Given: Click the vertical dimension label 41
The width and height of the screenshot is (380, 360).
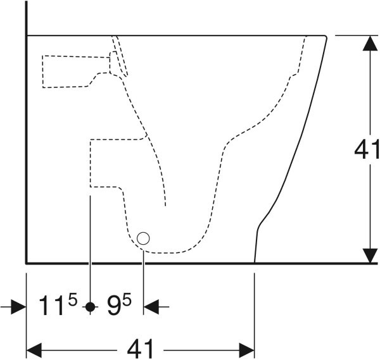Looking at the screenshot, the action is (367, 149).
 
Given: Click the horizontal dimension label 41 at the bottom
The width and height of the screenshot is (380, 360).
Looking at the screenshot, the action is (141, 349).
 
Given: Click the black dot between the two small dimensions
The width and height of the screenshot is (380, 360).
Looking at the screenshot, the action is (91, 307).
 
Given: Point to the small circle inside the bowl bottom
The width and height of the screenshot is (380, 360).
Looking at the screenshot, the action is (143, 239).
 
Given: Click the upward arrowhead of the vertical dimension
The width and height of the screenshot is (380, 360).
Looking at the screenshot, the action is (370, 43).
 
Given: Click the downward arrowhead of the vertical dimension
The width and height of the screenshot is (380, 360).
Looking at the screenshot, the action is (370, 255).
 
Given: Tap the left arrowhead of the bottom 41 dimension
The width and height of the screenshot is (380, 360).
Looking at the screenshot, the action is (34, 351).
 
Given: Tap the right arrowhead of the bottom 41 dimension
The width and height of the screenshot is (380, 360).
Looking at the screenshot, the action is (247, 351).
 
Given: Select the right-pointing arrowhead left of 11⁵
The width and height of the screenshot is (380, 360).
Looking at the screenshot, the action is (18, 307).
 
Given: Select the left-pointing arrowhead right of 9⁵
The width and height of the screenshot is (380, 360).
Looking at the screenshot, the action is (151, 307).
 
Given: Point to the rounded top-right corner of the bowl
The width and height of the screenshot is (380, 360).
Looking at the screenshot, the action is (326, 37).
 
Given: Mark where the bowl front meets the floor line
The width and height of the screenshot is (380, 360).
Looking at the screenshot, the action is (255, 263).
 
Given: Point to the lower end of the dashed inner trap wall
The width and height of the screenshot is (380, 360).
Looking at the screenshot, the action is (165, 206).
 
